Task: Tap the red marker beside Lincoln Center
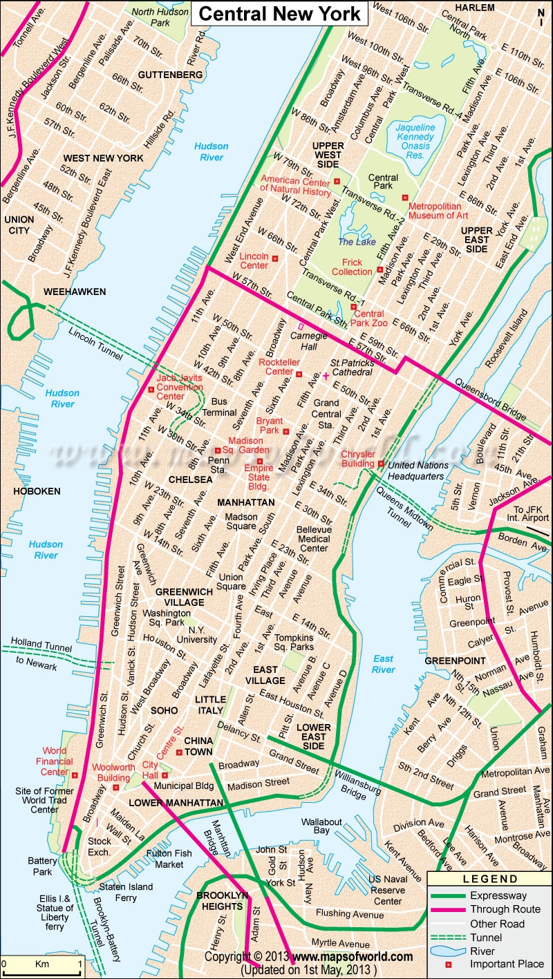click(x=275, y=258)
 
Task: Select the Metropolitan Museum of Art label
click(x=438, y=211)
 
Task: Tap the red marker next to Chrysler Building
click(x=380, y=464)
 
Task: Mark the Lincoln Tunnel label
click(x=95, y=343)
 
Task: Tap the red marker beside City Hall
click(x=165, y=775)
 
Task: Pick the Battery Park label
click(x=42, y=866)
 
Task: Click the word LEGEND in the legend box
click(x=490, y=880)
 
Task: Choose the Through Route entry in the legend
click(x=505, y=909)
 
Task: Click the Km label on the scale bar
click(x=41, y=963)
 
